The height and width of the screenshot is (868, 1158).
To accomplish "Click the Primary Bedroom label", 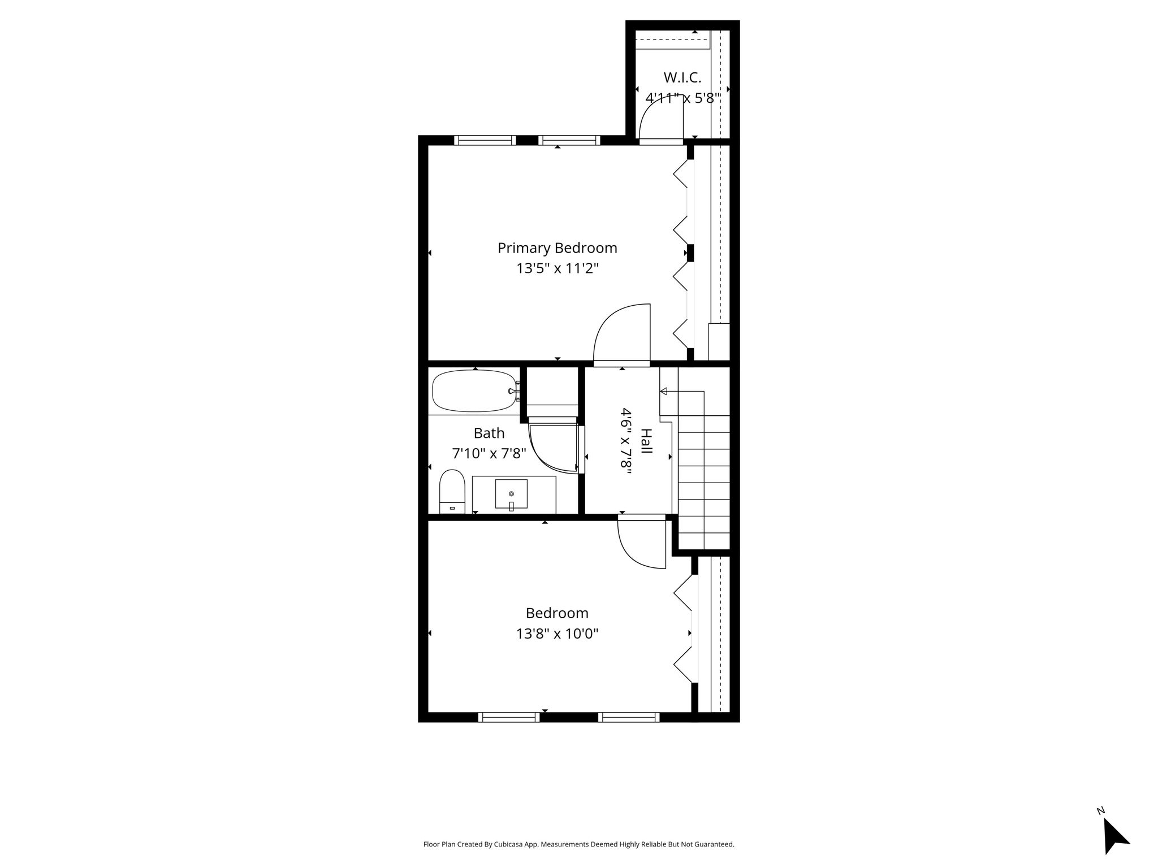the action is point(557,248).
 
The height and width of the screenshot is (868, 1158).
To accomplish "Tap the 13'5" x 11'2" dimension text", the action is point(557,268).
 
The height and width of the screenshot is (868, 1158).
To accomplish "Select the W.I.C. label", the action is point(682,77).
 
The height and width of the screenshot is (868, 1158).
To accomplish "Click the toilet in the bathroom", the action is point(452,491).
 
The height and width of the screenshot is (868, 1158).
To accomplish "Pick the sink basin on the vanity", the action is point(511,494).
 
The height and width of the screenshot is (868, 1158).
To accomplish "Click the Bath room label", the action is point(489,433).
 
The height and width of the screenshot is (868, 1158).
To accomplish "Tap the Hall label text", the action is point(646,441).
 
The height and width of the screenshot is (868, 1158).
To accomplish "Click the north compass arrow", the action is point(1115,838).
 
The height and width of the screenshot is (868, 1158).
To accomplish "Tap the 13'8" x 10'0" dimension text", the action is point(557,633).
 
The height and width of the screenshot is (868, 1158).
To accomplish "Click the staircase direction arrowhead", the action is point(663,391).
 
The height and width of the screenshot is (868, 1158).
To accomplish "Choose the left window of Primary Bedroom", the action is point(485,140).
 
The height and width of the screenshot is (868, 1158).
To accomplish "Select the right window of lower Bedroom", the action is point(629,717).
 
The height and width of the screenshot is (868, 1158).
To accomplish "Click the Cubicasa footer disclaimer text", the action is point(579,844).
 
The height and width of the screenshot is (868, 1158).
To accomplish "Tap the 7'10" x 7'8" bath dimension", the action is point(489,453).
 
